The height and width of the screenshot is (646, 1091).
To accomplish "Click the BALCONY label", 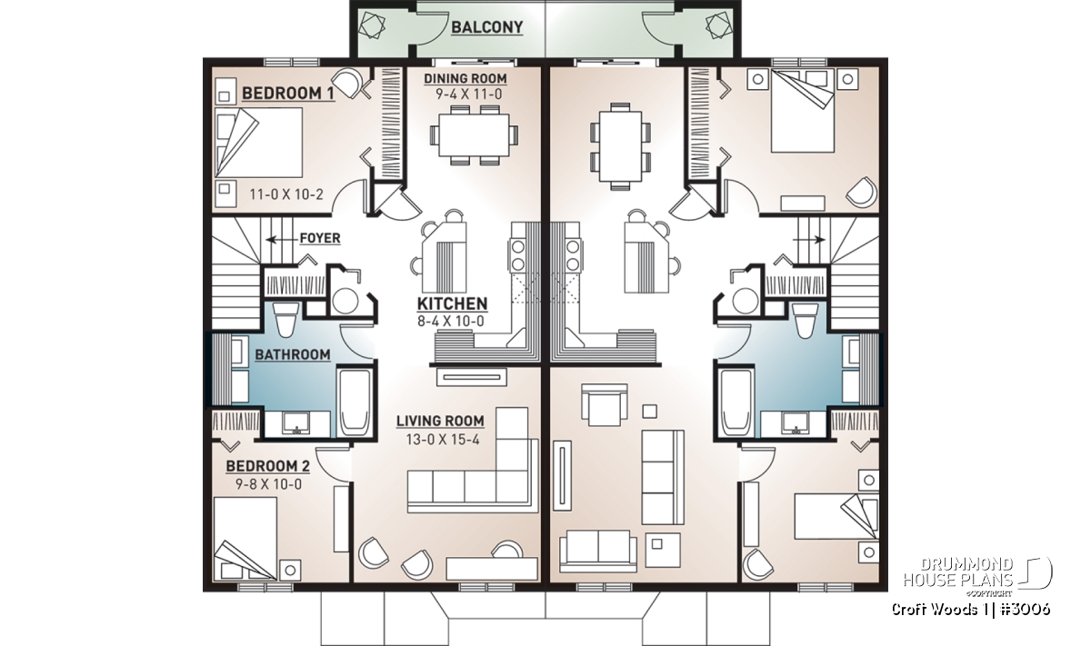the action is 486,27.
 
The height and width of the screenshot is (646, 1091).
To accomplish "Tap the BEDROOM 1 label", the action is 288,93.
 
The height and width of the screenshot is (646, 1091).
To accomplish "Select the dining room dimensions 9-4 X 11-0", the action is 468,94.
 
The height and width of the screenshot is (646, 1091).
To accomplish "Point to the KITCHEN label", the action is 452,303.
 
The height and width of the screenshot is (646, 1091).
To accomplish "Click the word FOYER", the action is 319,238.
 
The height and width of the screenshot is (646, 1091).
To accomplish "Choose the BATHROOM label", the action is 292,354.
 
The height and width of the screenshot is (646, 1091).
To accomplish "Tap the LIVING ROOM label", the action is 440,421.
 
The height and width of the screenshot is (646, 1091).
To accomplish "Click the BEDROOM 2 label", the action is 267,466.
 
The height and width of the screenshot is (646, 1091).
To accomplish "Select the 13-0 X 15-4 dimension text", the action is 443,440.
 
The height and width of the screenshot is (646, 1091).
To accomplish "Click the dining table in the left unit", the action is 474,135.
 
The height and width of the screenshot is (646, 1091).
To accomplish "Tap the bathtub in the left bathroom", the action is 354,403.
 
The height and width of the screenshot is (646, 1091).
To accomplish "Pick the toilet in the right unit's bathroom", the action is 804,319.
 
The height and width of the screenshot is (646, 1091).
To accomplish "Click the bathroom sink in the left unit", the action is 296,423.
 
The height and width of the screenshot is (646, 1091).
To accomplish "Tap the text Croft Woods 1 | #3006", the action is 970,609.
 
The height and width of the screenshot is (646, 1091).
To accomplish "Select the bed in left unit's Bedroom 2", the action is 245,539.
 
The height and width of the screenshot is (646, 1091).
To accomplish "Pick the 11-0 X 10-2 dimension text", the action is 286,194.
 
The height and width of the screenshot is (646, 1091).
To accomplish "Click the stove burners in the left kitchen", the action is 517,254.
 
